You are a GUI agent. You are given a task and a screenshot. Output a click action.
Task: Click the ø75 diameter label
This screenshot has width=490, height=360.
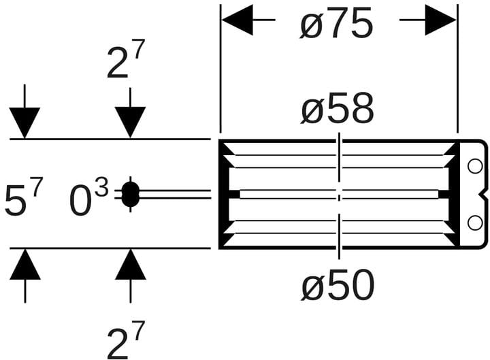click(x=337, y=22)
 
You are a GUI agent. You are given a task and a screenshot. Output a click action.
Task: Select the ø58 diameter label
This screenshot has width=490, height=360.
click(x=338, y=108)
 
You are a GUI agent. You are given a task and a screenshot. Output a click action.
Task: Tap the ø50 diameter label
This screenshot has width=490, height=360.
click(x=338, y=284)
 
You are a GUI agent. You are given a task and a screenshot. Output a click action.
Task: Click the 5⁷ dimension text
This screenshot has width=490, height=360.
click(x=24, y=197)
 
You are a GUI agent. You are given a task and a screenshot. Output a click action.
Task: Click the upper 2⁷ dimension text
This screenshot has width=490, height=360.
click(x=126, y=59)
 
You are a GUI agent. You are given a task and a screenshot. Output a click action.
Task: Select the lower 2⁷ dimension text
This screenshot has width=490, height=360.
click(x=126, y=340)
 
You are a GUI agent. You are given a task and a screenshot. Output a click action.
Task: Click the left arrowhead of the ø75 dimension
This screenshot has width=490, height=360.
click(x=238, y=20)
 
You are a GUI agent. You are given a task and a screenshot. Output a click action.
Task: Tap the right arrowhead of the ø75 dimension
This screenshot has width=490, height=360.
click(x=440, y=20)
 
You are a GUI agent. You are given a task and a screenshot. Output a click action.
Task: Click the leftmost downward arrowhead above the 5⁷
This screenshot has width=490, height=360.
click(x=24, y=122)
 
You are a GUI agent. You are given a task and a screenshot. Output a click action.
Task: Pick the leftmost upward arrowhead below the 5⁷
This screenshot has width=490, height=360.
click(x=25, y=264)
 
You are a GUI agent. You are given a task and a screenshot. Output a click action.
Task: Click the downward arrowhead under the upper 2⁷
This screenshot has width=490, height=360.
click(x=130, y=122)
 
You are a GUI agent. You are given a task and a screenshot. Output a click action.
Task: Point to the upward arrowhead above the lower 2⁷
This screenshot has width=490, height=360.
click(x=130, y=264)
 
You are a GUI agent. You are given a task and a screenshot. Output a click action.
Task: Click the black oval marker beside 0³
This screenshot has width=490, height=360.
click(x=130, y=195)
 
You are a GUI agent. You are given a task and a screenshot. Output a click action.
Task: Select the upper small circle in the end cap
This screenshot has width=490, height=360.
click(x=475, y=167)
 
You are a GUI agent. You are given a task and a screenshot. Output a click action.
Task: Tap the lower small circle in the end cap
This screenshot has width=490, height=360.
click(x=475, y=223)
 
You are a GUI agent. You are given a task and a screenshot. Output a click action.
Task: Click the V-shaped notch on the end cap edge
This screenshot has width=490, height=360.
click(x=484, y=195)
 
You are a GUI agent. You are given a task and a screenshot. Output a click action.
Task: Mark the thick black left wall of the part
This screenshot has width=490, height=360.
click(x=223, y=194)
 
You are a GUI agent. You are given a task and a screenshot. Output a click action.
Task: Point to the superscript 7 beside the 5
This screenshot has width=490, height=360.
click(x=36, y=186)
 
